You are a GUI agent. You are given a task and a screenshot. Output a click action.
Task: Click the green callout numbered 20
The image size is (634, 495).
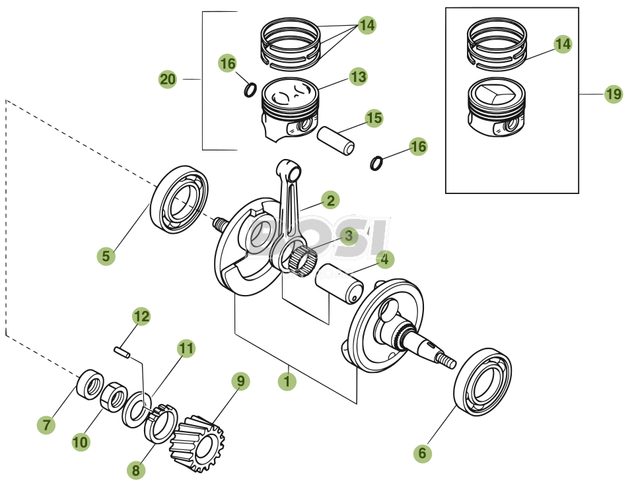coord(168,80)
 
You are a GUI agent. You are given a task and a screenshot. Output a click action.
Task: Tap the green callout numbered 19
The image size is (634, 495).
coord(614,94)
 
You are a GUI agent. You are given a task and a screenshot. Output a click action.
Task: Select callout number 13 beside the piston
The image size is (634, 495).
coord(358,77)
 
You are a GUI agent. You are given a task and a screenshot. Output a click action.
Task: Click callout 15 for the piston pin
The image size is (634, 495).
coord(374,118)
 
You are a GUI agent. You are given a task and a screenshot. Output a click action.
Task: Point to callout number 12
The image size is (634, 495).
coord(141,316)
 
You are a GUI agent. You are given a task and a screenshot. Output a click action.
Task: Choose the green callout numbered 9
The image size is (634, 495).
coord(240,381)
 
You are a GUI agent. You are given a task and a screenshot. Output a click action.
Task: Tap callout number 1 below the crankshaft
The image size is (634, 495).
coord(287,381)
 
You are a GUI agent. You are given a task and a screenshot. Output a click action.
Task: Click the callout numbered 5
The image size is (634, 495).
coord(106,255)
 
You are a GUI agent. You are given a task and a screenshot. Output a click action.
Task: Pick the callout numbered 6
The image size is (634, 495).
coord(423,453)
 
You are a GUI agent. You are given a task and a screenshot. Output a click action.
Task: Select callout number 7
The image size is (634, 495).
coord(46,426)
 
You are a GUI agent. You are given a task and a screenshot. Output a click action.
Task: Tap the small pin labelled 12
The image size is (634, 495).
coord(122,352)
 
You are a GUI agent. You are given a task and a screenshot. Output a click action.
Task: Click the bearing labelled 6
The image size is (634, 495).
coord(483,381)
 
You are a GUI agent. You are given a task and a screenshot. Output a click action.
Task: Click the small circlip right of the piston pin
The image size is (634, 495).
coord(375,162)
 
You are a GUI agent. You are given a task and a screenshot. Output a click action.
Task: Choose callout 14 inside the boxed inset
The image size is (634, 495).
coord(562,44)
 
